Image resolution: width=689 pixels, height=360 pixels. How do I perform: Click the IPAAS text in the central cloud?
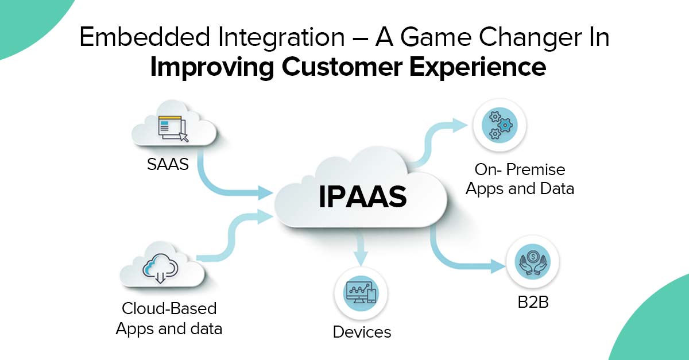pos(362,196)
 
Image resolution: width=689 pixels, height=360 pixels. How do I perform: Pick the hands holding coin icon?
pos(532,261)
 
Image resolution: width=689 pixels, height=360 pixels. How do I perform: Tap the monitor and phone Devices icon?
pos(361,293)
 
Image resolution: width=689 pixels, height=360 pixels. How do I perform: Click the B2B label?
pos(531,301)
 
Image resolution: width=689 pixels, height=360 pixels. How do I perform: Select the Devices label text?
pos(362,331)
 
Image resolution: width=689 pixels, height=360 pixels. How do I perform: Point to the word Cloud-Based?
pos(169,308)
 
